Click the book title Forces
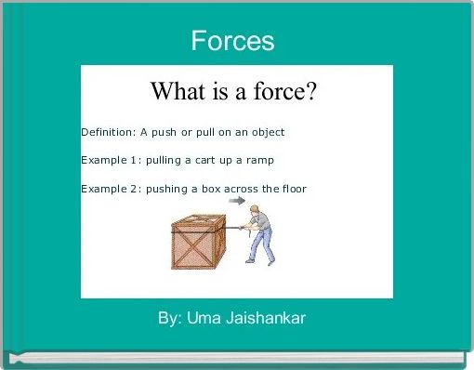[x=232, y=41]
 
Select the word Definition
[x=107, y=132]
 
